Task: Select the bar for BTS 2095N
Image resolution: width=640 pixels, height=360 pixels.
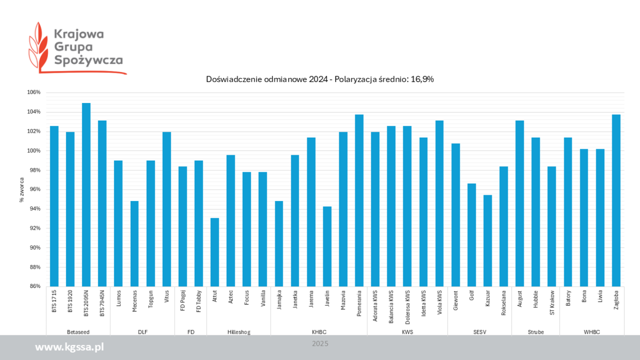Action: click(x=86, y=195)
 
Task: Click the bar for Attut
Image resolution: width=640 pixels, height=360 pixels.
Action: click(x=214, y=252)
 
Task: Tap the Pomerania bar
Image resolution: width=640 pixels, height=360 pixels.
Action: click(x=359, y=201)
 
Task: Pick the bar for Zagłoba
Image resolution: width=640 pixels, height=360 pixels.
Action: click(x=616, y=201)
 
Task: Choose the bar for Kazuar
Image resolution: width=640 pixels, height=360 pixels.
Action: click(x=487, y=241)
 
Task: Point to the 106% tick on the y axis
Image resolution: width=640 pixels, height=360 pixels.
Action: click(x=34, y=92)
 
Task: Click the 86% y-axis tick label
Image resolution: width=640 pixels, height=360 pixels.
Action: click(x=35, y=286)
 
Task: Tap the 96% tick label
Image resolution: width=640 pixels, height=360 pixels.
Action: click(x=35, y=189)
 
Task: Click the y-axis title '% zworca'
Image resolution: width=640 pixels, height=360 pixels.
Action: click(x=22, y=189)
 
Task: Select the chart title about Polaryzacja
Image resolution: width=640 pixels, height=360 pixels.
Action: click(x=320, y=79)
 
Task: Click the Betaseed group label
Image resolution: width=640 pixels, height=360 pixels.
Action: click(x=78, y=332)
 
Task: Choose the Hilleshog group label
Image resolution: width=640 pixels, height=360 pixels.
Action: click(x=238, y=332)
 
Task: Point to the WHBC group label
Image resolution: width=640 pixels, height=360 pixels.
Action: click(x=591, y=332)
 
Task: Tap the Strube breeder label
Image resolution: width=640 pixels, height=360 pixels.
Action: click(x=535, y=332)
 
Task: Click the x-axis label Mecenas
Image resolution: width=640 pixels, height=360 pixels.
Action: click(x=134, y=303)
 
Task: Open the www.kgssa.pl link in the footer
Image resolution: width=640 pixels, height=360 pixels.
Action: click(x=69, y=347)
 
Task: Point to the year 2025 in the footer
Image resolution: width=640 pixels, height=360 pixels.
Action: click(x=320, y=344)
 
